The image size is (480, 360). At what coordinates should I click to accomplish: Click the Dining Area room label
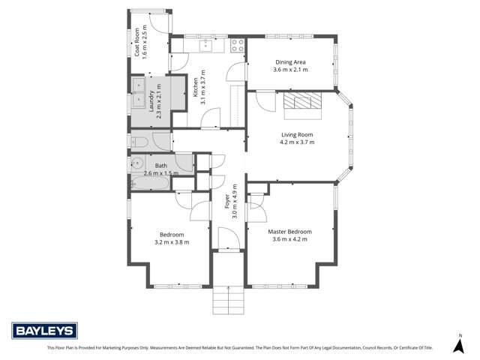point(291,62)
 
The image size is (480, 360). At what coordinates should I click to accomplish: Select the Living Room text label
point(297,135)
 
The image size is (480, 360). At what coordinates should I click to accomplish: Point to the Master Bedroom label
point(289,232)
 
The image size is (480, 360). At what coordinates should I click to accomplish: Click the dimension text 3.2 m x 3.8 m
point(172,241)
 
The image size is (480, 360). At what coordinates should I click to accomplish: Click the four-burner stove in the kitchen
point(238,45)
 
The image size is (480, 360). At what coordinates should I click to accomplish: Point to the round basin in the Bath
point(137,162)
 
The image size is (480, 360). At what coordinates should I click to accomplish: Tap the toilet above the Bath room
point(139,142)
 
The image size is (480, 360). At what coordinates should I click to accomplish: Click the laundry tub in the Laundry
point(139,91)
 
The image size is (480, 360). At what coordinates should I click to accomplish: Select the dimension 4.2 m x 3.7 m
point(297,142)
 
